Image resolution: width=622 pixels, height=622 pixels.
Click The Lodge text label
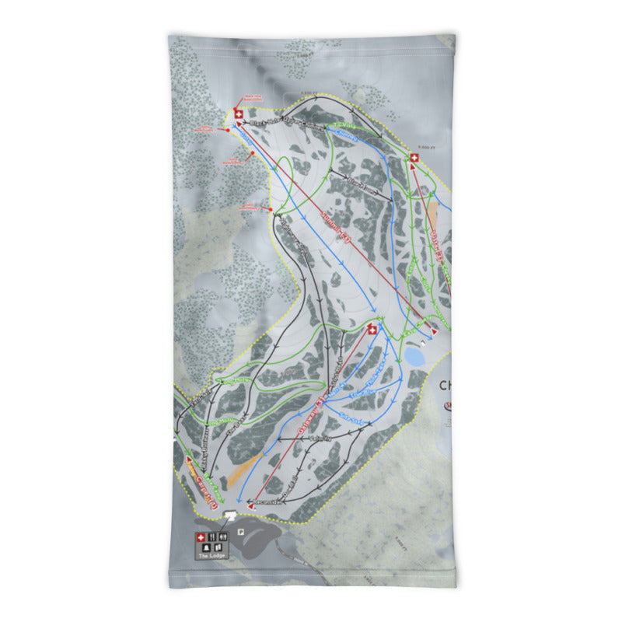click(211, 556)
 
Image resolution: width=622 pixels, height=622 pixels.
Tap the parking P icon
click(242, 533)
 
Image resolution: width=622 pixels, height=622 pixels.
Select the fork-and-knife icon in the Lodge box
click(211, 536)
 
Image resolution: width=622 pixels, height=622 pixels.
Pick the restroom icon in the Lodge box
click(223, 536)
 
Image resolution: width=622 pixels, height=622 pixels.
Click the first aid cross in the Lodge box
click(200, 536)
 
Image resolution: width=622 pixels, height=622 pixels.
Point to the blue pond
click(414, 357)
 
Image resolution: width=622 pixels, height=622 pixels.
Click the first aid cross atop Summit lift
click(239, 115)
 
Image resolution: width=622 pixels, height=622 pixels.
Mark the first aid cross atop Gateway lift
click(372, 330)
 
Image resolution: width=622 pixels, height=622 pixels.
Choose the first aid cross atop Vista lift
click(414, 158)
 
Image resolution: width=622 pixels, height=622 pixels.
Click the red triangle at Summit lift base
click(434, 330)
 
